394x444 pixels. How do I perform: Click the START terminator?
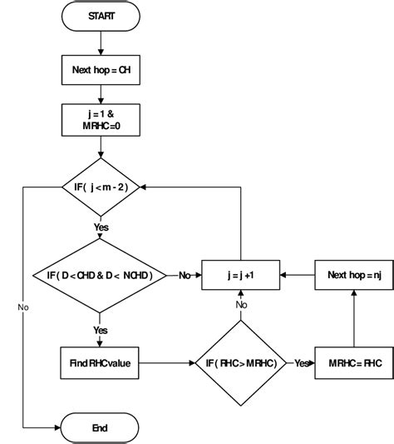point(101,16)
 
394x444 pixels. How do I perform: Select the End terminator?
point(101,427)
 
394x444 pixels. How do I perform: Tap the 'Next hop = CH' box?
point(101,70)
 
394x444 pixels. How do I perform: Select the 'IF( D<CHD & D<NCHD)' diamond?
point(100,275)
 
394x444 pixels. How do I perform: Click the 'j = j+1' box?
point(241,275)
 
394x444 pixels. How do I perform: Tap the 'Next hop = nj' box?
point(354,275)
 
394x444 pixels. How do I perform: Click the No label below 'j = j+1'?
point(241,305)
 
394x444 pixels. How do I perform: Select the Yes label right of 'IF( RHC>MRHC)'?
point(301,362)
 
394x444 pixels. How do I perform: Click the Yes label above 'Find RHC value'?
point(101,330)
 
